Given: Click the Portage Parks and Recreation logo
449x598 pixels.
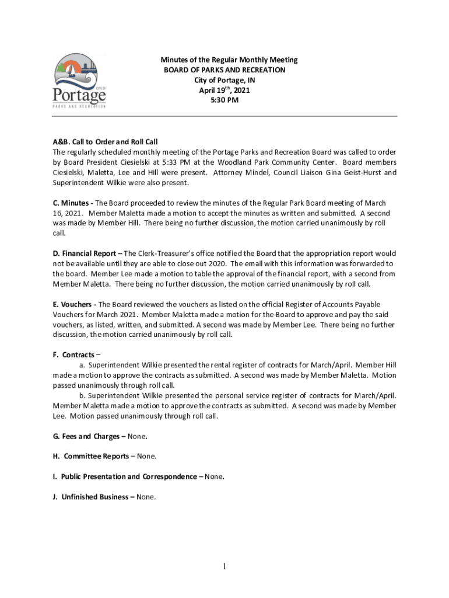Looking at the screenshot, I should [79, 81].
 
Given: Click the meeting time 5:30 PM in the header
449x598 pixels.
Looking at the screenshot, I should [224, 100].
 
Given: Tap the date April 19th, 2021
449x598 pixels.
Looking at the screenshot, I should [224, 91].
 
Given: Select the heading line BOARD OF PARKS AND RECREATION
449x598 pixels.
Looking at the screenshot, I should [224, 70].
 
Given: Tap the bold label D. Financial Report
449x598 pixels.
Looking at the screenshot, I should [87, 254].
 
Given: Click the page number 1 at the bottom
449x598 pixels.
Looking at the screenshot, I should [224, 566].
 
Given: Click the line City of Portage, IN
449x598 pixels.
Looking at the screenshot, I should [224, 80].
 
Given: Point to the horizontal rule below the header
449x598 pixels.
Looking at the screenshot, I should [224, 116].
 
